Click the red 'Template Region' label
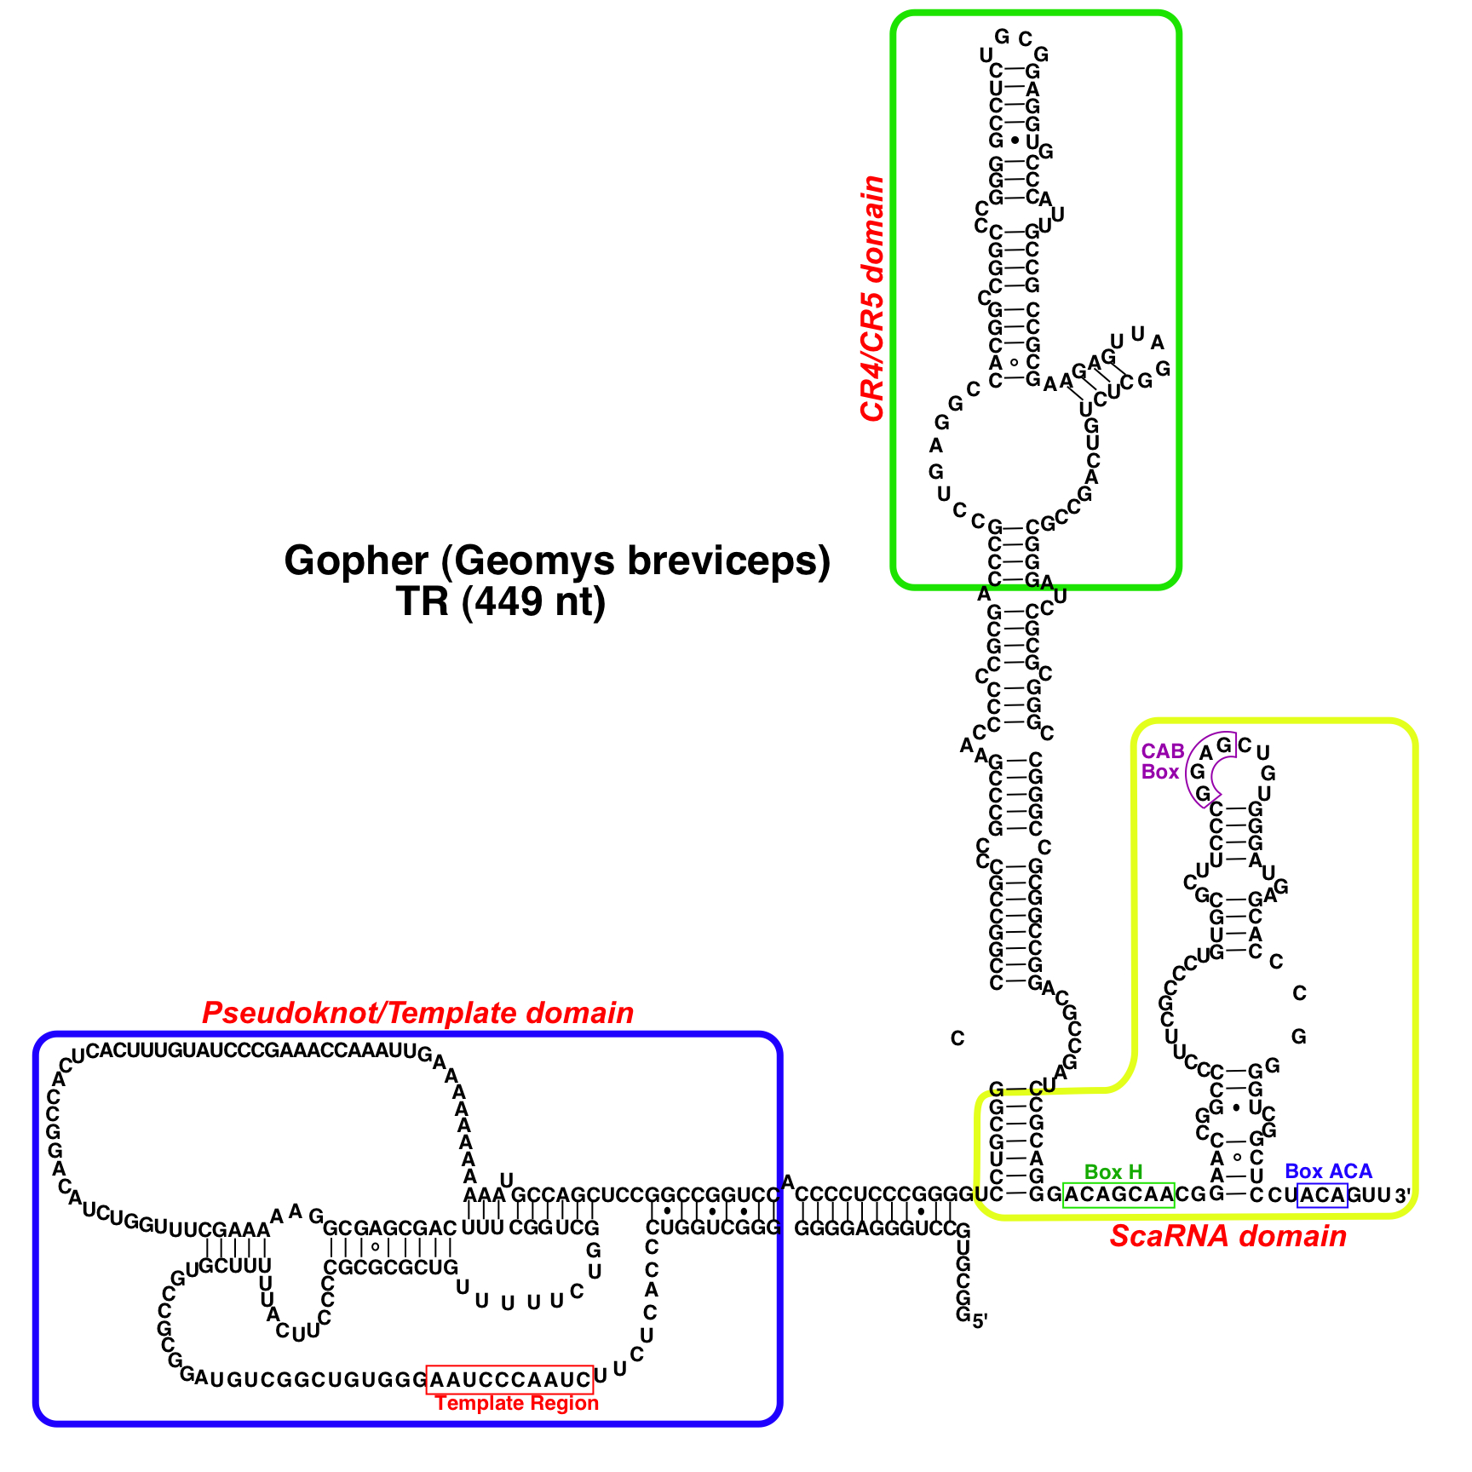point(516,1403)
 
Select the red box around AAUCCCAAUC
point(509,1378)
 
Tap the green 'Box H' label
point(1113,1172)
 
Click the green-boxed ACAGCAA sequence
point(1118,1195)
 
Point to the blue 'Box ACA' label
point(1328,1171)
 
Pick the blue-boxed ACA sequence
point(1322,1195)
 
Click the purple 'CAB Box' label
point(1162,762)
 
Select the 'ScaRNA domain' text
point(1228,1237)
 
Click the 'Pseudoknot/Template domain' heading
point(417,1013)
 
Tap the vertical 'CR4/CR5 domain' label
point(872,298)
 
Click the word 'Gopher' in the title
point(356,561)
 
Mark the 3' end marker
point(1403,1196)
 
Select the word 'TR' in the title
point(422,602)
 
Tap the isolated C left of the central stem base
point(957,1038)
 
